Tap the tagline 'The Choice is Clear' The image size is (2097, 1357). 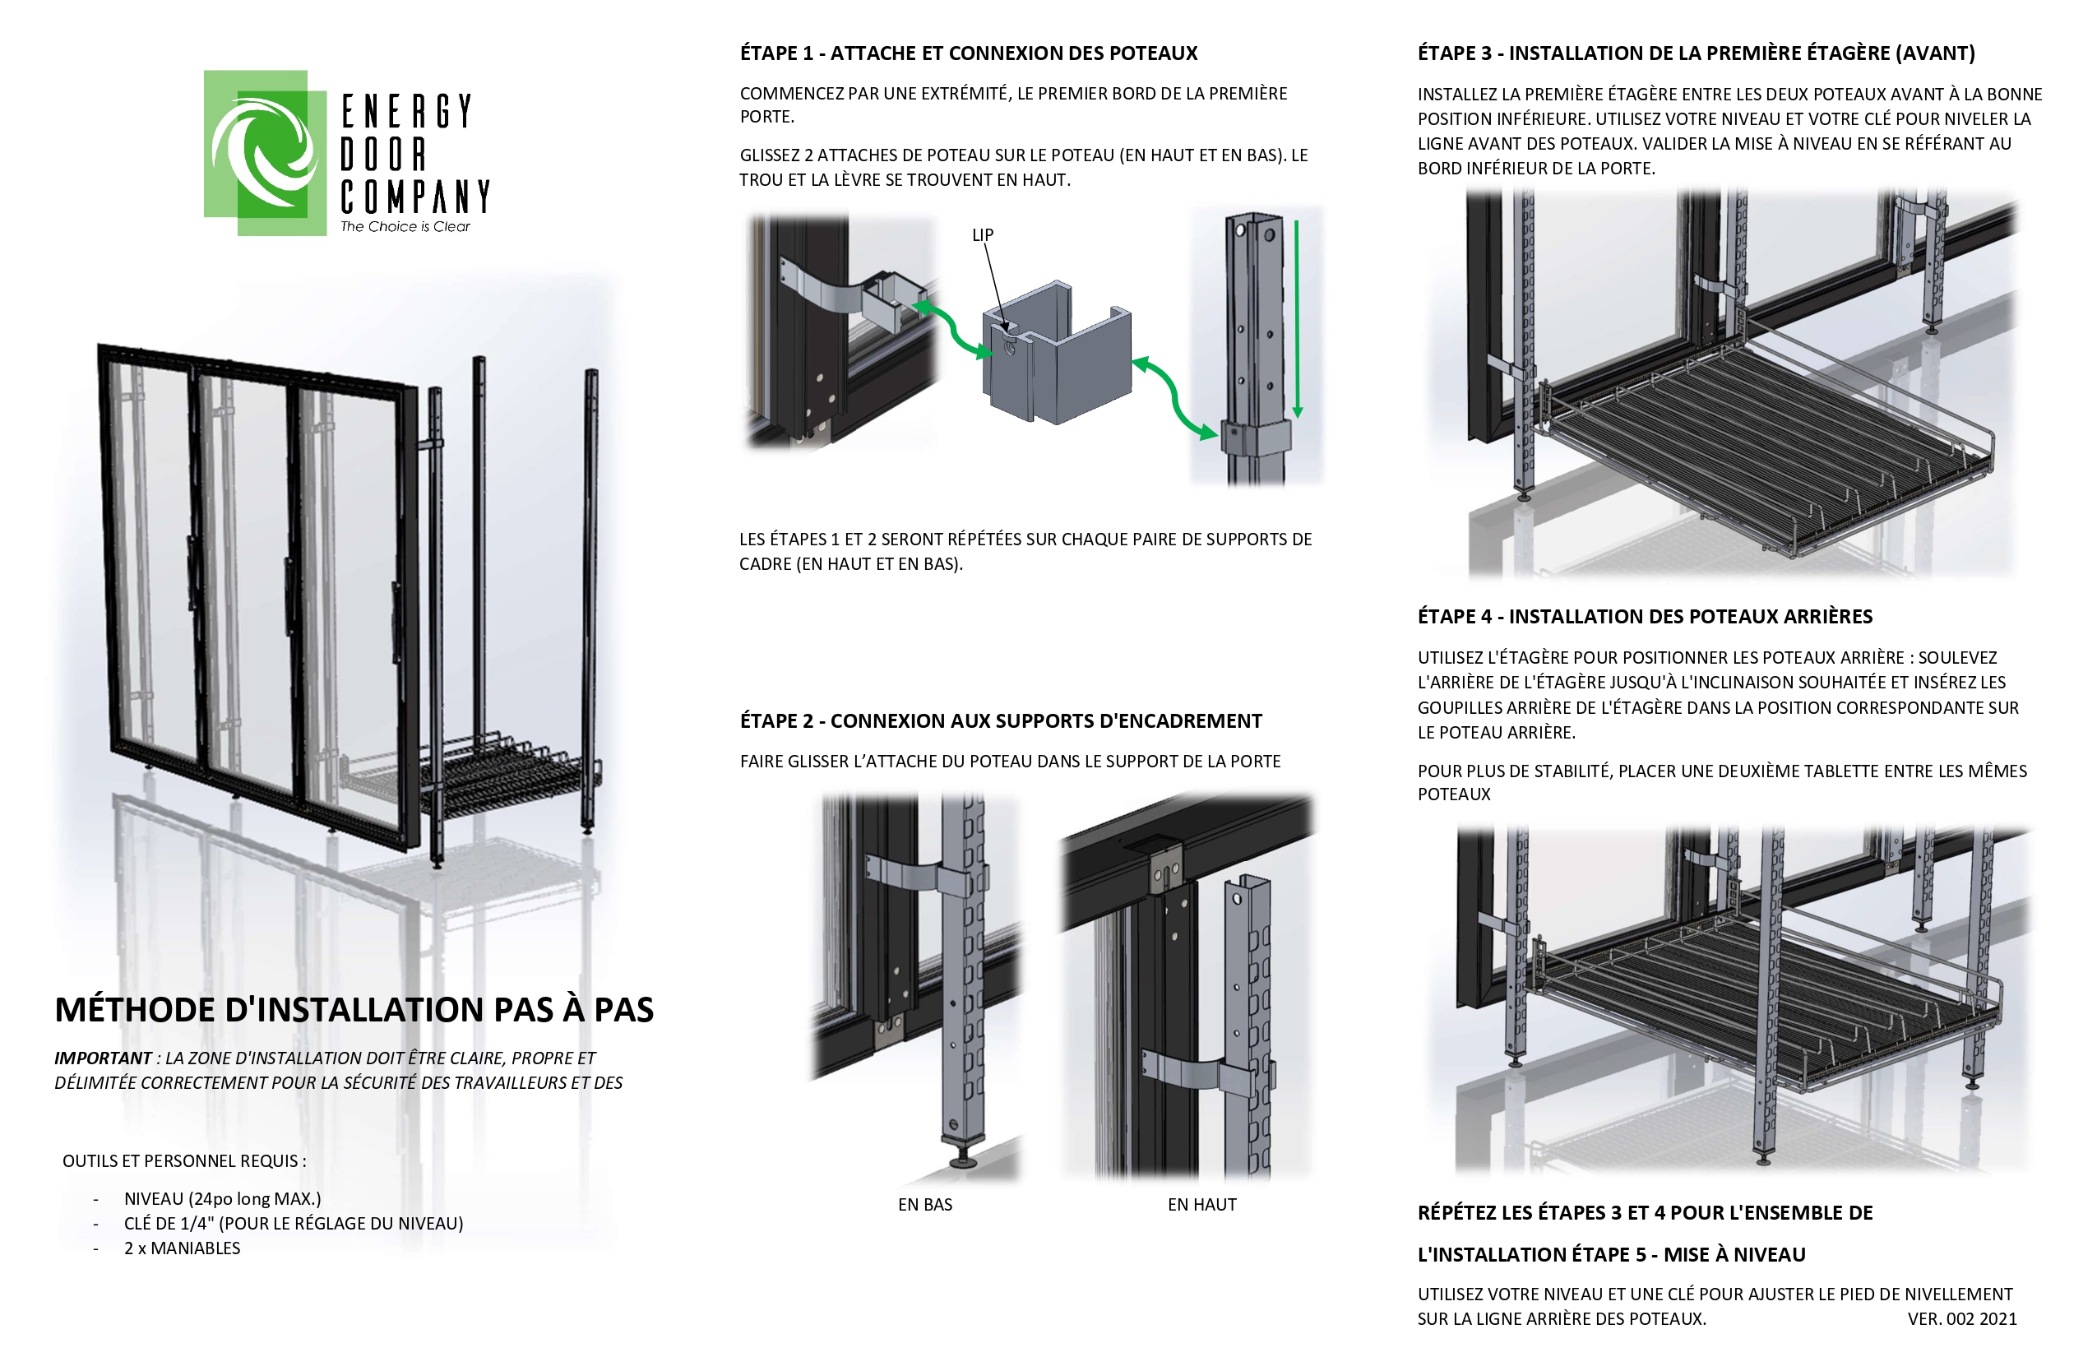[x=405, y=226]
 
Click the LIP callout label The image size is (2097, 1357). [x=983, y=234]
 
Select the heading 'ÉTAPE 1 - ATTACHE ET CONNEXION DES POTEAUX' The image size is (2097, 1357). [x=967, y=53]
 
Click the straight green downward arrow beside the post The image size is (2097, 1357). [x=1296, y=317]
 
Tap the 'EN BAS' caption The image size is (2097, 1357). [x=924, y=1205]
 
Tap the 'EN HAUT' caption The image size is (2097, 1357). [x=1201, y=1205]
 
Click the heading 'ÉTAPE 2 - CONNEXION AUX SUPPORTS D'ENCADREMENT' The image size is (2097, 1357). [x=1000, y=720]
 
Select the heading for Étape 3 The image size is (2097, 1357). [x=1695, y=53]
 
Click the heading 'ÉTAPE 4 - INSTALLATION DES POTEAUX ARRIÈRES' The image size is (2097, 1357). [x=1644, y=616]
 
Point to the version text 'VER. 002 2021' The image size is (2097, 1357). [x=1961, y=1319]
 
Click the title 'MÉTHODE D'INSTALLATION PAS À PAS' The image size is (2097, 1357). [x=354, y=1010]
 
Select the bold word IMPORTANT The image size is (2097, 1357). [x=102, y=1058]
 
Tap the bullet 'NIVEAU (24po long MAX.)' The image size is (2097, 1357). [x=222, y=1198]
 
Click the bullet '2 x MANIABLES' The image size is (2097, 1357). [x=182, y=1248]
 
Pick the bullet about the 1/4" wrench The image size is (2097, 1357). [x=293, y=1223]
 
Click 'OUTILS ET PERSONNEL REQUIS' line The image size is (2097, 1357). [x=184, y=1160]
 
